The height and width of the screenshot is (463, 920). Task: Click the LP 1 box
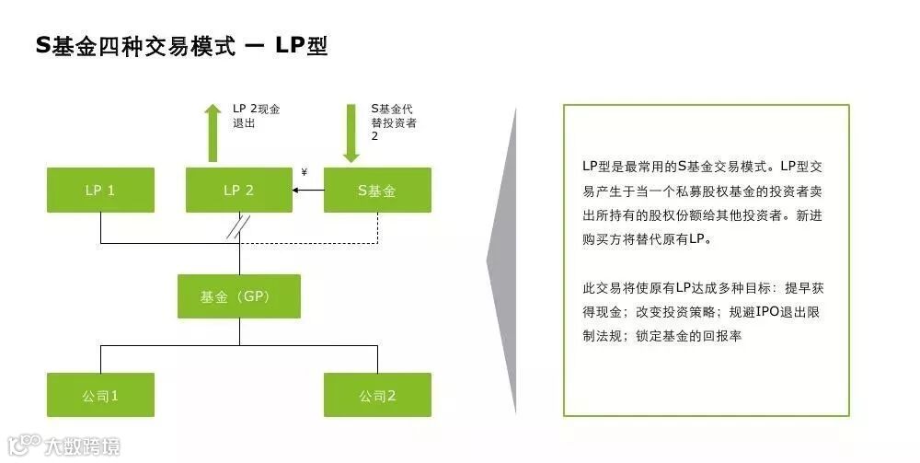tap(100, 191)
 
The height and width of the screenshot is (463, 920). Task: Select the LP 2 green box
tap(238, 191)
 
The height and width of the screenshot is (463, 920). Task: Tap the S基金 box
tap(377, 191)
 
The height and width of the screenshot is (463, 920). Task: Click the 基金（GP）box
tap(238, 296)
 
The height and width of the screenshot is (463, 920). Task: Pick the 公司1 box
tap(100, 395)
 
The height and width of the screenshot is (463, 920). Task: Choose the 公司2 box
tap(377, 395)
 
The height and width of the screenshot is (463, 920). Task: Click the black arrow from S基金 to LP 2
tap(307, 191)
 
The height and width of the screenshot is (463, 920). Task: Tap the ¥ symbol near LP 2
tap(304, 172)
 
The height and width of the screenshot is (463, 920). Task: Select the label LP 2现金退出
tap(256, 115)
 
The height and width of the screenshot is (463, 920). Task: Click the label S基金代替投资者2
tap(393, 122)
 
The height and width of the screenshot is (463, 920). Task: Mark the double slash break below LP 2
tap(239, 230)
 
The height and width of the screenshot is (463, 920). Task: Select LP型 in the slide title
tap(301, 46)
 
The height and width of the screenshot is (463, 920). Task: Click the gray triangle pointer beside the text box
tap(502, 262)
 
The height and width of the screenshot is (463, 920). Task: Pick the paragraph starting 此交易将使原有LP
tap(705, 311)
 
